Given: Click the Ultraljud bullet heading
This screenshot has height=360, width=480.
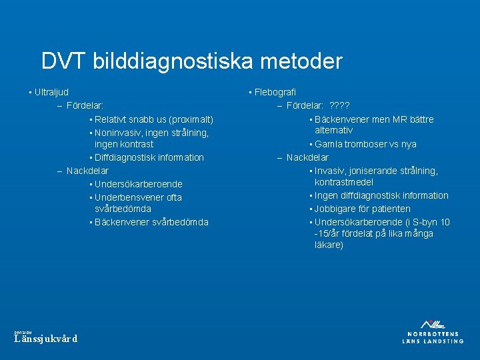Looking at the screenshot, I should (51, 92).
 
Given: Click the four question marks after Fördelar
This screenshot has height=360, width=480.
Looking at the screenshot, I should (340, 105).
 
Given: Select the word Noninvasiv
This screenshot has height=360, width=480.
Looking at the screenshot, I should (117, 133).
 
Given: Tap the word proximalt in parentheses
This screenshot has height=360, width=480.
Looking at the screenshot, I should (191, 119).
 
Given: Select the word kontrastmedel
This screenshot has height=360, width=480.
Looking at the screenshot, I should (344, 182).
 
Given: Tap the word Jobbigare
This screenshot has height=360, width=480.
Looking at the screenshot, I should (335, 209).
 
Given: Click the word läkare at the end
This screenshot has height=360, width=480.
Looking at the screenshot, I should (328, 245).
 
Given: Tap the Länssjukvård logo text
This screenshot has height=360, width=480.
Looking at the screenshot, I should (46, 339).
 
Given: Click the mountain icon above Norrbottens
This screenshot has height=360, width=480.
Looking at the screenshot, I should (433, 324).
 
